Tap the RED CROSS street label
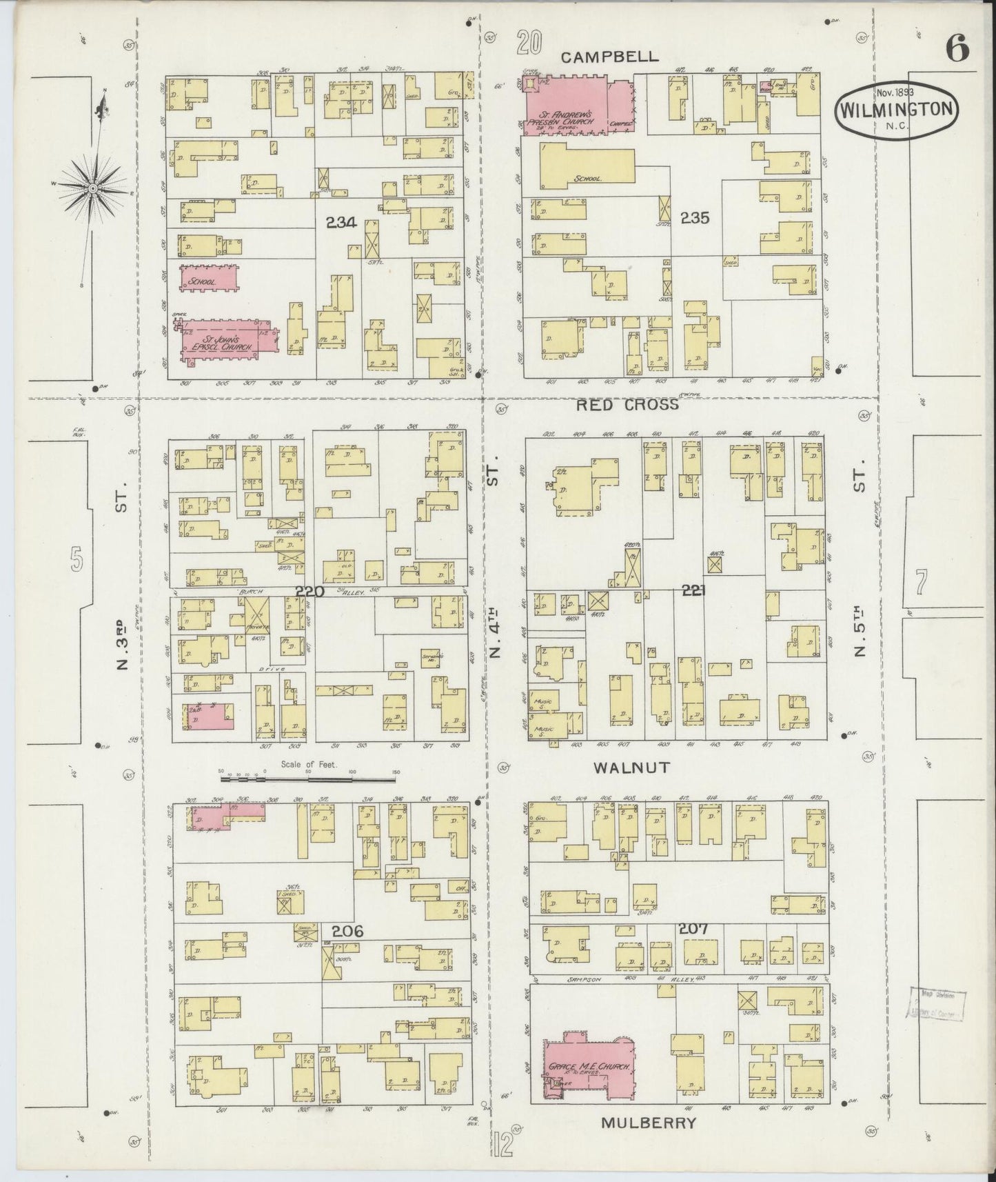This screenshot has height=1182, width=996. click(627, 405)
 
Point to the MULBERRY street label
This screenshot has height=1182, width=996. click(647, 1123)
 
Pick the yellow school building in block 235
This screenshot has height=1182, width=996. click(586, 168)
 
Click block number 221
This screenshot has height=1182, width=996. click(695, 590)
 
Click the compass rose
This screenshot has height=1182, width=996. click(92, 187)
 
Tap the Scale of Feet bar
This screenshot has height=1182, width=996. click(307, 780)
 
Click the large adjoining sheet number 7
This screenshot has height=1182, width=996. click(919, 583)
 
